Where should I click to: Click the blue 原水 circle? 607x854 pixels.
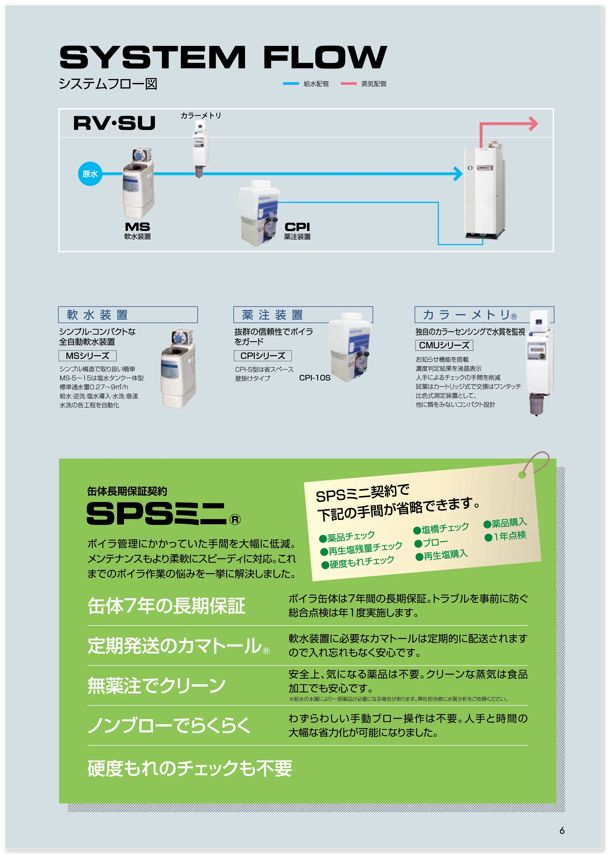tap(90, 174)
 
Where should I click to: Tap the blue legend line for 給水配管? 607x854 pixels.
tap(291, 84)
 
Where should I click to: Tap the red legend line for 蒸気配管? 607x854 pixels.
tap(348, 84)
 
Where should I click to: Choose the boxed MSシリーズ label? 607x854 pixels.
tap(88, 355)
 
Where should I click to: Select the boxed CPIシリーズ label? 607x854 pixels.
tap(263, 355)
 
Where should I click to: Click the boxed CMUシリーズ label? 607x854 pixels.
tap(444, 345)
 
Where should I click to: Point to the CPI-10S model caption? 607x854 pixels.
tap(315, 378)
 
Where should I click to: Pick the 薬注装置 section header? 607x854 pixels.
tap(273, 315)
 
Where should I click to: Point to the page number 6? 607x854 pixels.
tap(562, 830)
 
